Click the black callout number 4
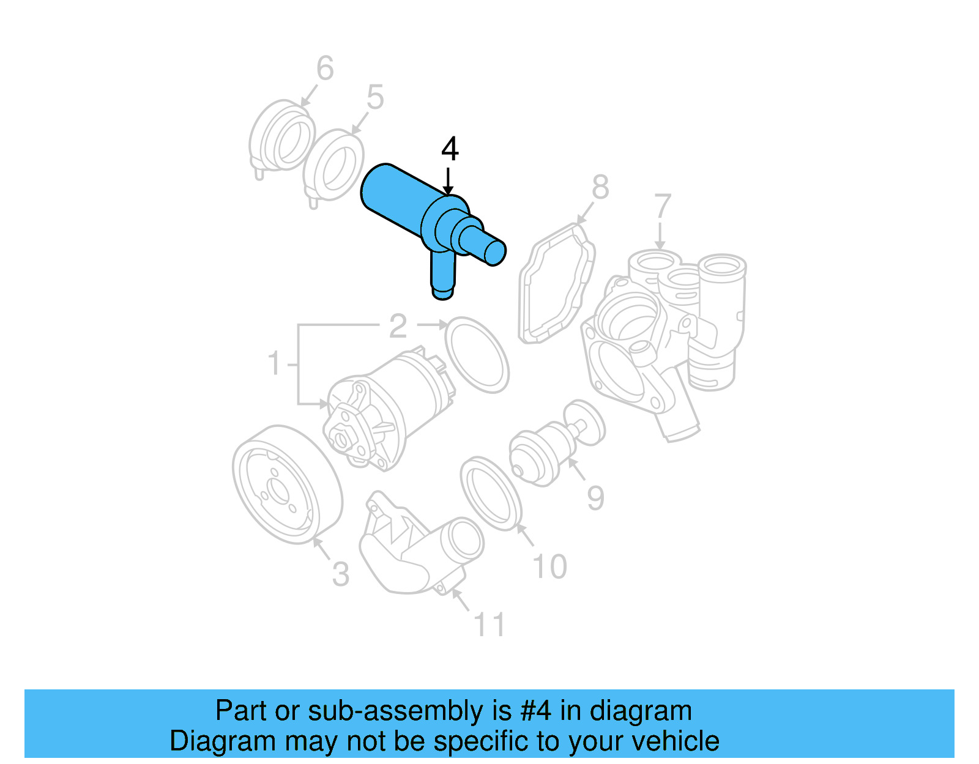pyautogui.click(x=450, y=149)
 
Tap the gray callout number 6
pyautogui.click(x=325, y=68)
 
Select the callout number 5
pyautogui.click(x=375, y=97)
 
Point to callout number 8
pyautogui.click(x=600, y=187)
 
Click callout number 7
pyautogui.click(x=663, y=206)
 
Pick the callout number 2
pyautogui.click(x=398, y=326)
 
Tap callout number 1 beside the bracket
pyautogui.click(x=275, y=363)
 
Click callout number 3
pyautogui.click(x=341, y=574)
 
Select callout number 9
pyautogui.click(x=595, y=498)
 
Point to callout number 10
pyautogui.click(x=550, y=566)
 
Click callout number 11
pyautogui.click(x=489, y=625)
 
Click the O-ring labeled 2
pyautogui.click(x=477, y=355)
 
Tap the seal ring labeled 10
pyautogui.click(x=491, y=493)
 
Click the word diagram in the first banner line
pyautogui.click(x=641, y=711)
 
